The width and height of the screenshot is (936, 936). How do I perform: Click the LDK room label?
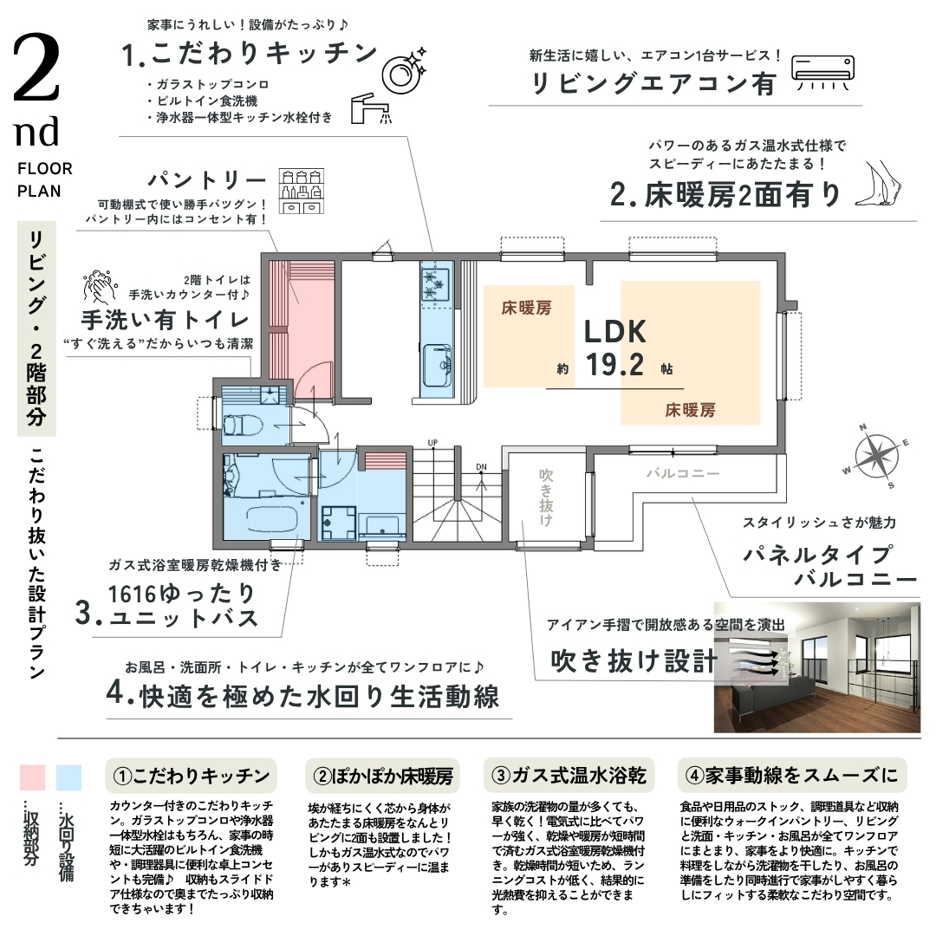click(x=614, y=332)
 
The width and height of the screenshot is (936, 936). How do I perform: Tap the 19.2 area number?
click(x=614, y=365)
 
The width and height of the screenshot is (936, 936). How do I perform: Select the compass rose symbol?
click(x=875, y=457)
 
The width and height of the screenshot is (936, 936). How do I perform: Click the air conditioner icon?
click(x=822, y=73)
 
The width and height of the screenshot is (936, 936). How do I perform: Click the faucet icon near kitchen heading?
click(x=370, y=108)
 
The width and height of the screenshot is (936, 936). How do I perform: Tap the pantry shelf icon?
click(x=302, y=191)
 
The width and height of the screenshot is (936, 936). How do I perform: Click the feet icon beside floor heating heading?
click(x=878, y=183)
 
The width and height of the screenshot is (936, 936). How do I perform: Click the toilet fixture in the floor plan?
click(x=243, y=426)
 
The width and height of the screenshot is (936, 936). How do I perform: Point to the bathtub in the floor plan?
click(x=271, y=518)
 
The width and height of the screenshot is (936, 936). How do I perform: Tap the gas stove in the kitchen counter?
click(x=435, y=283)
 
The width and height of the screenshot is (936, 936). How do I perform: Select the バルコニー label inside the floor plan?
click(x=683, y=474)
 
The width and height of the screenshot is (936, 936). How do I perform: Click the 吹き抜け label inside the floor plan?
click(x=546, y=497)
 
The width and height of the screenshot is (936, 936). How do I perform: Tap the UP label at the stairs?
click(x=432, y=442)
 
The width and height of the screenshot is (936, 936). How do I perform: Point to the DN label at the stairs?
click(x=481, y=467)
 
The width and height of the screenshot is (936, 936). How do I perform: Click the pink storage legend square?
click(x=32, y=777)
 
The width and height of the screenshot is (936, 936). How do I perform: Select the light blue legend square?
click(x=68, y=777)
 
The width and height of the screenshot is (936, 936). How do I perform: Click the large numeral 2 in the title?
click(x=36, y=68)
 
